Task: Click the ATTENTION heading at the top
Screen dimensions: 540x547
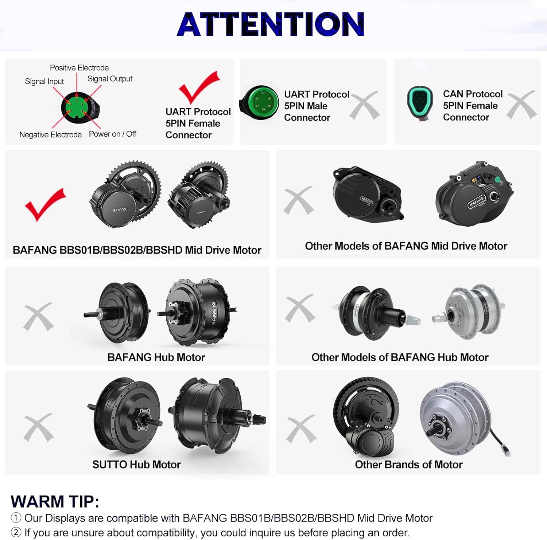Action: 270,24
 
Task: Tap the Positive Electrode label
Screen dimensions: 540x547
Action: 79,68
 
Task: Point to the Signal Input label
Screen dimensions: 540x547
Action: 44,81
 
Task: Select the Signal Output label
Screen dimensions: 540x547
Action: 110,79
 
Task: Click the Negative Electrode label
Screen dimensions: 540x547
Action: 50,135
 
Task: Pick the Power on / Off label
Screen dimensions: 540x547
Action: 112,134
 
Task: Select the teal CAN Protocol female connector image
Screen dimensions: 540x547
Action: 420,103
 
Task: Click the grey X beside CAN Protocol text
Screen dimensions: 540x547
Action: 521,105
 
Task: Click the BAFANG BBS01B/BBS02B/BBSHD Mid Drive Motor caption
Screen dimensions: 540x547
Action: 137,250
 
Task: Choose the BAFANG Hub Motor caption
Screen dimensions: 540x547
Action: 156,357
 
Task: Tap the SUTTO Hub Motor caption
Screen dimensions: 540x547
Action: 136,465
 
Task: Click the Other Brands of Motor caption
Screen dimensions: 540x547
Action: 408,465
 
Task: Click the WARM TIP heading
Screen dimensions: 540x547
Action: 55,502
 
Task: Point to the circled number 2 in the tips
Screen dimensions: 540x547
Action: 16,532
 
